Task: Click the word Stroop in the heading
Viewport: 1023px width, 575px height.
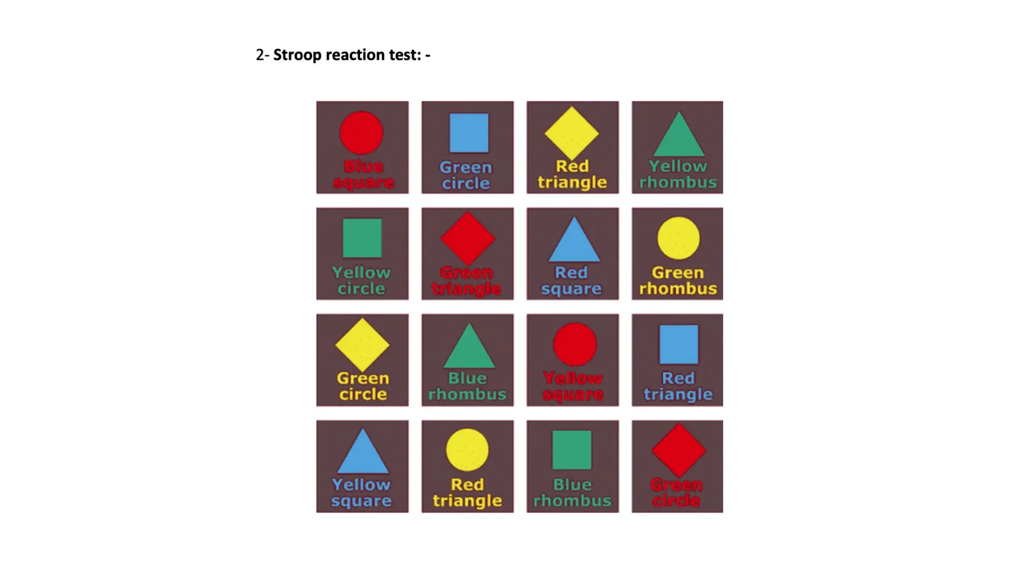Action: coord(297,55)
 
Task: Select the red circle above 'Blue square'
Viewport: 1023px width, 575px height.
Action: coord(361,133)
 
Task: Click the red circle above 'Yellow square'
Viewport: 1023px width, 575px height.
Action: coord(574,344)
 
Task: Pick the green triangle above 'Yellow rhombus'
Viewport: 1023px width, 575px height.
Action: coord(678,134)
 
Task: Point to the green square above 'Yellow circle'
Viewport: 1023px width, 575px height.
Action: coord(362,238)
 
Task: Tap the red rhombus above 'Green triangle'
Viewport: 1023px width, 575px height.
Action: coord(468,238)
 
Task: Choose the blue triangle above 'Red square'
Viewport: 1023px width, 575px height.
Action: coord(574,240)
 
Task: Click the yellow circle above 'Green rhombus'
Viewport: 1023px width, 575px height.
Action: coord(678,238)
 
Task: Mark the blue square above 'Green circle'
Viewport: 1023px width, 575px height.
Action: coord(469,133)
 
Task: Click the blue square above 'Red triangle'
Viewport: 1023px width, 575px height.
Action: coord(679,344)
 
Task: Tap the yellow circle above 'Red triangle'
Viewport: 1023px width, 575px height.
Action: coord(467,450)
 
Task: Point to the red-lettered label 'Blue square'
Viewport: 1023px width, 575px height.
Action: coord(364,174)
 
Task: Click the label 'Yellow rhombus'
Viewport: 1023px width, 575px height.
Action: coord(678,174)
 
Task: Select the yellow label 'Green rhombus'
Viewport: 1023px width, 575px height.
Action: coord(678,281)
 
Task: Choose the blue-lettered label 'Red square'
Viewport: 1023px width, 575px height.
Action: coord(571,281)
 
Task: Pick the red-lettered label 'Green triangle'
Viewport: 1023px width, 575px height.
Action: coord(467,281)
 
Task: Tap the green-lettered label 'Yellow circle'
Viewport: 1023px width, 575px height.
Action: coord(361,281)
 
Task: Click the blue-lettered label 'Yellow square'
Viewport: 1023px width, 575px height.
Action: coord(361,493)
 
